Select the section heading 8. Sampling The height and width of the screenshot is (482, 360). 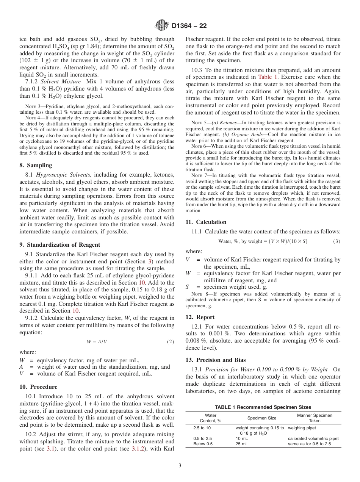(x=36, y=165)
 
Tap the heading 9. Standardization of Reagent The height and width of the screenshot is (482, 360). (x=59, y=245)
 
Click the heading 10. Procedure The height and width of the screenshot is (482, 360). (x=38, y=387)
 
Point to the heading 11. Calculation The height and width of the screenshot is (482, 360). (x=206, y=222)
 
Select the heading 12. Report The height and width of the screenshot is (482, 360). (x=200, y=317)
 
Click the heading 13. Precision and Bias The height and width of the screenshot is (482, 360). (x=215, y=360)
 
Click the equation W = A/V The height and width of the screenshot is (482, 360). (x=97, y=341)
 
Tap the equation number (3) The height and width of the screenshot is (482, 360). (x=337, y=241)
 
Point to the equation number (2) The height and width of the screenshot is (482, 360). (x=171, y=341)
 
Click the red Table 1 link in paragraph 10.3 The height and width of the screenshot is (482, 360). (x=268, y=77)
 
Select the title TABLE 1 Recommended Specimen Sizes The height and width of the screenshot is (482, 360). (x=263, y=407)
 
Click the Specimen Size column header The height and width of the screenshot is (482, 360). (x=262, y=418)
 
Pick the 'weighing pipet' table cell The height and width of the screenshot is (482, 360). (x=302, y=428)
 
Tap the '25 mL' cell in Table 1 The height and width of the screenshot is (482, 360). (x=242, y=444)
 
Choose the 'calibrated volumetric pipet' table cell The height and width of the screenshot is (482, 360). (x=313, y=438)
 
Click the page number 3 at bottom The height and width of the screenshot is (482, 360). (x=180, y=466)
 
